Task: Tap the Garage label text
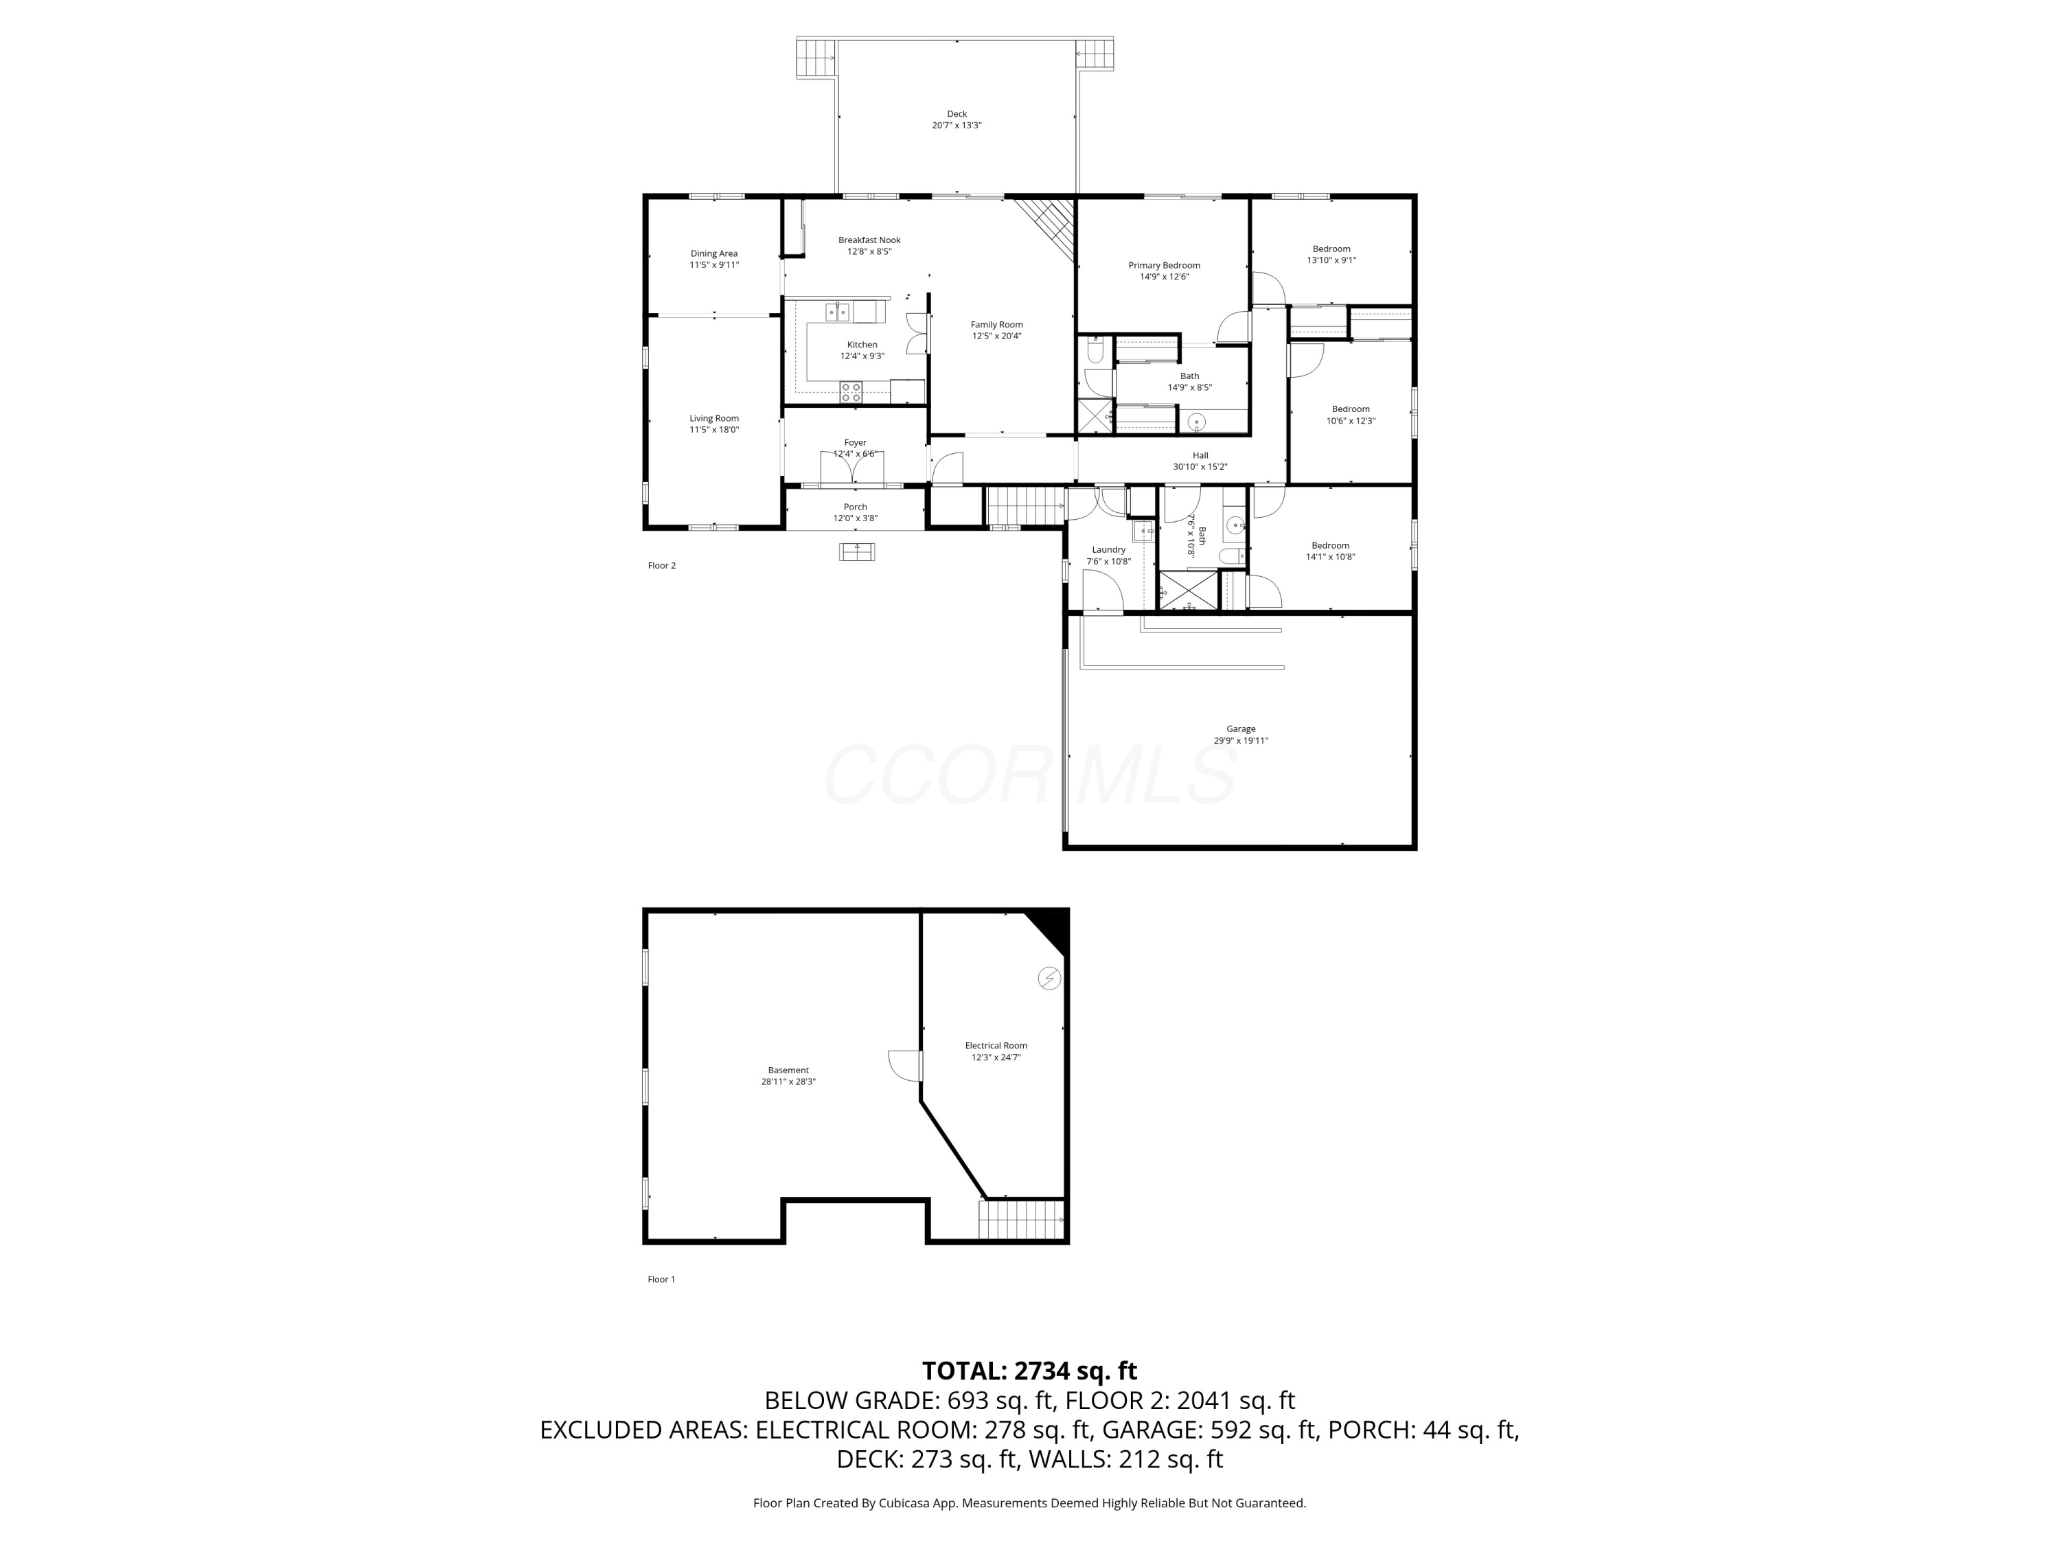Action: tap(1241, 729)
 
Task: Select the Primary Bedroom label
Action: tap(1164, 266)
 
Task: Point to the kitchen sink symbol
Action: tap(837, 311)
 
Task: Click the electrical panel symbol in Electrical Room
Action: tap(1049, 978)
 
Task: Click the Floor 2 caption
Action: tap(661, 565)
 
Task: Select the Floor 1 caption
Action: tap(661, 1279)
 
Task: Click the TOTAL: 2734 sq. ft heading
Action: tap(1029, 1371)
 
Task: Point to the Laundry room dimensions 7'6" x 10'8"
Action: tap(1108, 562)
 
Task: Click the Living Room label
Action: tap(714, 418)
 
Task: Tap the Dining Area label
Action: tap(714, 253)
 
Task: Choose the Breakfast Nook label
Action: tap(869, 240)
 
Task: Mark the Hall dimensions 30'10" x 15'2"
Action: tap(1200, 466)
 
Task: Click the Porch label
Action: tap(855, 507)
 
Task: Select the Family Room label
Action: tap(996, 325)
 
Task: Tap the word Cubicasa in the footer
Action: tap(902, 1503)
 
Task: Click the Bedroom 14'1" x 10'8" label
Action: tap(1330, 546)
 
